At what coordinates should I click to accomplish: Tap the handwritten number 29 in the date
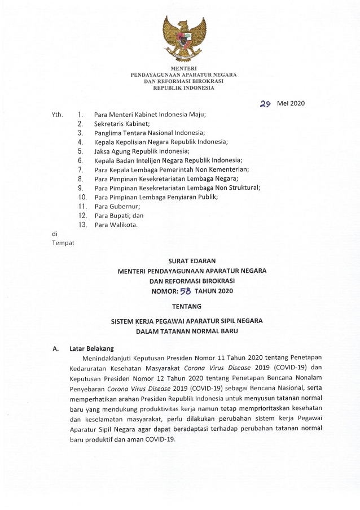(x=266, y=104)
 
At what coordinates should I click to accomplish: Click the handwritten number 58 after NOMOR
(x=185, y=291)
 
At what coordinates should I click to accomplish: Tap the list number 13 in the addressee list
(x=82, y=225)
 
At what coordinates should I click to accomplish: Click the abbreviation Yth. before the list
(x=57, y=114)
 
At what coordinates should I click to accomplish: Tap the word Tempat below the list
(x=63, y=243)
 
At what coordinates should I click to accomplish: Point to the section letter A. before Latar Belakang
(x=56, y=349)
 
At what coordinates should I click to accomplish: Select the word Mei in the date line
(x=283, y=104)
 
